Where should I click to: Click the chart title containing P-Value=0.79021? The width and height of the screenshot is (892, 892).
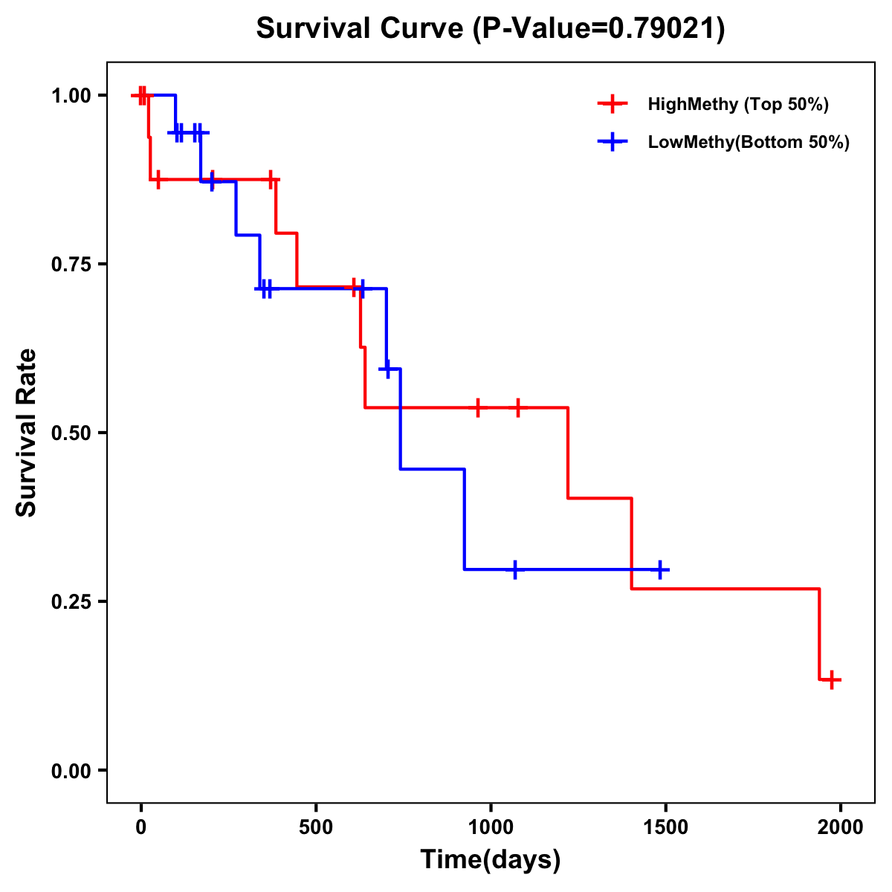[490, 29]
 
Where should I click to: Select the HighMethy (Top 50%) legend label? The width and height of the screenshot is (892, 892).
[737, 104]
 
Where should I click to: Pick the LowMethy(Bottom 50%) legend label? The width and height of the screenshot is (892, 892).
[748, 142]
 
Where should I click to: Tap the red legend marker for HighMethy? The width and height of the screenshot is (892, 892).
[612, 104]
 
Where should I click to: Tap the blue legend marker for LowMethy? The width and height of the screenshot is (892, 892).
[612, 142]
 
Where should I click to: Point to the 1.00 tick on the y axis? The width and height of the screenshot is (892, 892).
[72, 96]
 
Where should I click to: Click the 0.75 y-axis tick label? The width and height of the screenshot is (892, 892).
[72, 265]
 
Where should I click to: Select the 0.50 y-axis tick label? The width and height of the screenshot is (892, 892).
[72, 433]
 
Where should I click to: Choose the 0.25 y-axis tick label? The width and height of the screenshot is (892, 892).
[72, 602]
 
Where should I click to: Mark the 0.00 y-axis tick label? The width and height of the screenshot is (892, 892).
[72, 771]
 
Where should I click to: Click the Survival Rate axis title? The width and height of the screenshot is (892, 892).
[27, 433]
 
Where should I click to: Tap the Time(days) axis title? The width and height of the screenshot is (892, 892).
[491, 860]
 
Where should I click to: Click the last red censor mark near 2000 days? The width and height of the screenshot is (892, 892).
[832, 679]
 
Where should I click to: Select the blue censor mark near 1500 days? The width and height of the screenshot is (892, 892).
[659, 569]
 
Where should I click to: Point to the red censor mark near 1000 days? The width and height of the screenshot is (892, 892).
[477, 407]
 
